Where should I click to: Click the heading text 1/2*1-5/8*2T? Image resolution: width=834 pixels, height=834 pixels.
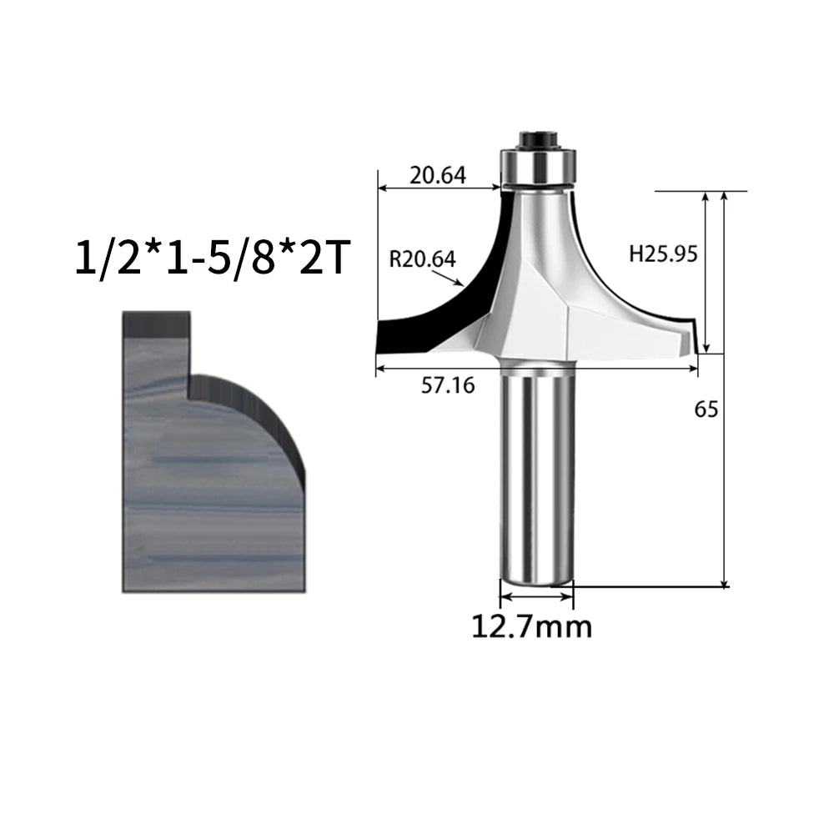pos(213,257)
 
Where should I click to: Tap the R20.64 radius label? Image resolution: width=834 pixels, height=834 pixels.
pos(422,259)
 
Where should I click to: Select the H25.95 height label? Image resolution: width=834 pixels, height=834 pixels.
pos(663,254)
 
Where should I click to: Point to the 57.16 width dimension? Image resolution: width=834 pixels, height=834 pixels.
pos(448,385)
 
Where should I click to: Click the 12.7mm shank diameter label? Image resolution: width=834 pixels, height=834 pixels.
pos(532,626)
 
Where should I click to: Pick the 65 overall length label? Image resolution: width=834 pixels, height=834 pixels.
pos(706,409)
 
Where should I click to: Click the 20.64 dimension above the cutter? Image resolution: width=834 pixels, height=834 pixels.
pos(438,175)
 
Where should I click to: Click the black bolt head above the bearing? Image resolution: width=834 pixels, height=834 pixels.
pos(537,138)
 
